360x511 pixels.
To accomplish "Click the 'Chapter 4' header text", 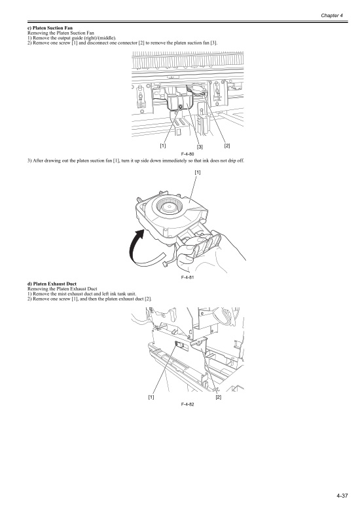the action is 332,15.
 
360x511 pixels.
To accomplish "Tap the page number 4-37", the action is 342,496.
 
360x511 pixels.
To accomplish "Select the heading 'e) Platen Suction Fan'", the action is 50,28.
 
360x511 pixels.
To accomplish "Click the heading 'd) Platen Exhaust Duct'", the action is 52,284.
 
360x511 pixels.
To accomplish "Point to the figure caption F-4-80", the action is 187,154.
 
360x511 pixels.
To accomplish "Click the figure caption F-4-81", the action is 187,277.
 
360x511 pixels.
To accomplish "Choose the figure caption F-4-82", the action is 187,404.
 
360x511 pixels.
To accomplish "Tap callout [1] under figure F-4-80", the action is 163,145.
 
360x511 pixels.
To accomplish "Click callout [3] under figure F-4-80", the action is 200,147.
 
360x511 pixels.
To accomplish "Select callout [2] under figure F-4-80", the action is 227,145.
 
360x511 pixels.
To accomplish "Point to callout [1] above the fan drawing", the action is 198,172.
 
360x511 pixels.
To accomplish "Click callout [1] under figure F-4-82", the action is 151,397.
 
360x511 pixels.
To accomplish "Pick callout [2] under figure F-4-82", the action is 219,397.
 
